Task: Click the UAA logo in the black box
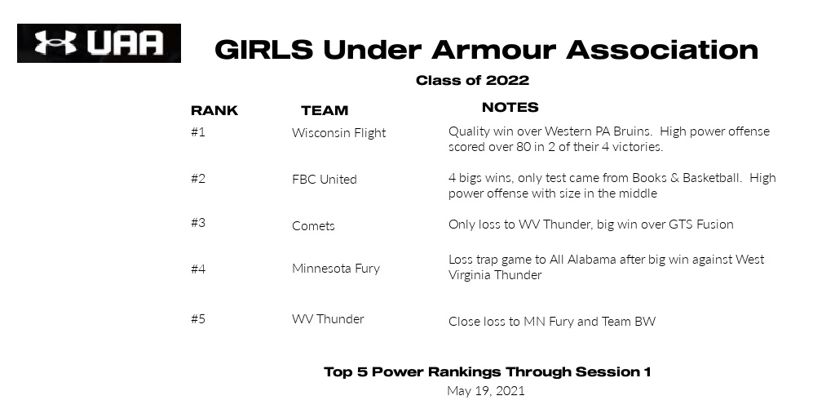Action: click(x=99, y=43)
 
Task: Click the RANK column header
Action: click(x=214, y=110)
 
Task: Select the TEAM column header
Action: click(x=325, y=110)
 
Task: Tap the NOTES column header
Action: click(x=510, y=107)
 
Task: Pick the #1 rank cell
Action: click(x=198, y=131)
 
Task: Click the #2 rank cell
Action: click(x=198, y=179)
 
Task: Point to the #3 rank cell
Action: click(x=198, y=222)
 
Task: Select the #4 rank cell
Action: click(x=198, y=269)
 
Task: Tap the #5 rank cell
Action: click(x=198, y=318)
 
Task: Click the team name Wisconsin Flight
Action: click(x=338, y=133)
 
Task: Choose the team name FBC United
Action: click(x=324, y=180)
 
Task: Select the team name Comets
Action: click(x=313, y=226)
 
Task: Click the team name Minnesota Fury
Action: click(x=335, y=269)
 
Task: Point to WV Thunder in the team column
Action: click(x=328, y=319)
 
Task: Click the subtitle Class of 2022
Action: click(x=472, y=80)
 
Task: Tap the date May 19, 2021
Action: click(x=486, y=391)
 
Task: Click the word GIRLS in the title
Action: click(x=264, y=50)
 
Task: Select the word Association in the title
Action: click(x=662, y=50)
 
